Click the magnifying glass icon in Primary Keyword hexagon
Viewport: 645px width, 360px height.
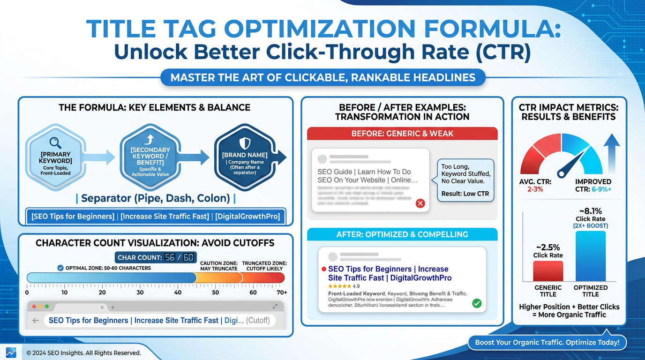pos(55,142)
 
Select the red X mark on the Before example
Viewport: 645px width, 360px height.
pos(420,203)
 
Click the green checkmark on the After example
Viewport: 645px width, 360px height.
pos(477,303)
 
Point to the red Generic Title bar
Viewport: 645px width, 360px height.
pos(548,271)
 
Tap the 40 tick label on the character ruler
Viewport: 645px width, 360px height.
pos(178,292)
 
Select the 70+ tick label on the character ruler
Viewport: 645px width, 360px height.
pos(281,292)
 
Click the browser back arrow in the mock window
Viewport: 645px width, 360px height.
pos(36,321)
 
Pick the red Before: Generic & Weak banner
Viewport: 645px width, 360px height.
pos(402,134)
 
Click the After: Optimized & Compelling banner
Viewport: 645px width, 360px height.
pos(402,234)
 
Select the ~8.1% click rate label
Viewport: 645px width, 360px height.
pos(591,211)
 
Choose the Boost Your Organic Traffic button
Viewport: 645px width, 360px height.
pos(547,343)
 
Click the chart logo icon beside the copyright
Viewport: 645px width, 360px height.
pos(11,352)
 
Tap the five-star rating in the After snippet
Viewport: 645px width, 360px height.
pos(339,286)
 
